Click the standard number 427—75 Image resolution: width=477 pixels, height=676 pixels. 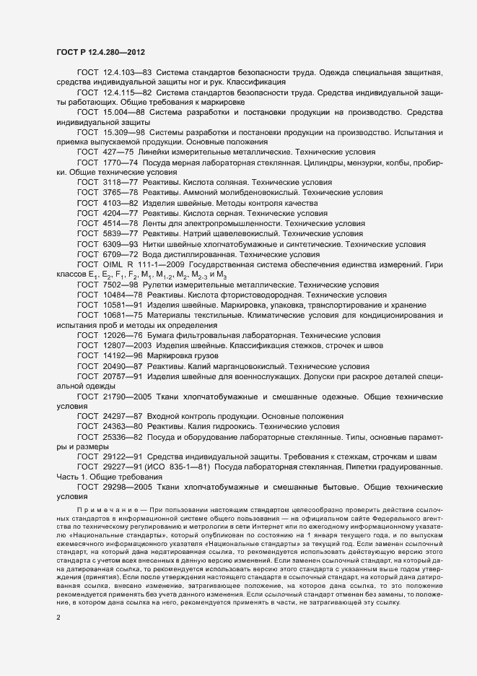(118, 154)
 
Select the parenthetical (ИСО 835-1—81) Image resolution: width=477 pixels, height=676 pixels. (181, 467)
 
